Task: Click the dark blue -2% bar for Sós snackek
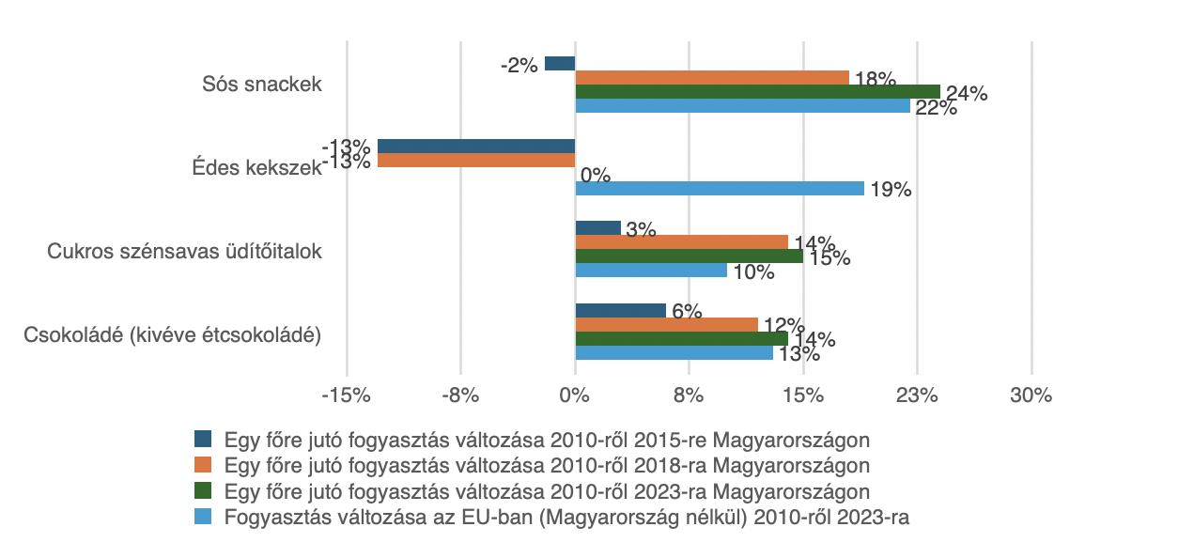click(560, 64)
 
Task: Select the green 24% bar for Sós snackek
click(757, 91)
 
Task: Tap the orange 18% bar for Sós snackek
click(711, 77)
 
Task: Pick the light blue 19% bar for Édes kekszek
click(719, 189)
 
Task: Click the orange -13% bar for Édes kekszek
click(476, 161)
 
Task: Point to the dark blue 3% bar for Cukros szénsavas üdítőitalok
click(597, 228)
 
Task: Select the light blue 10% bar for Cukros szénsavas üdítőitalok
click(650, 270)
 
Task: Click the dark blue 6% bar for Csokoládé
click(620, 311)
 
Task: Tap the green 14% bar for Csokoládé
click(681, 338)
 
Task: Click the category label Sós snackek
click(262, 85)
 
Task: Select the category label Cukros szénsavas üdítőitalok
click(185, 251)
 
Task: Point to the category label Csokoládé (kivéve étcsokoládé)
click(173, 334)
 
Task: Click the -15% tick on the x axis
click(346, 395)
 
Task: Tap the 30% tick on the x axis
click(1031, 395)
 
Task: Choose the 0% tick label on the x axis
click(574, 395)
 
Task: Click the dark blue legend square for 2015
click(203, 439)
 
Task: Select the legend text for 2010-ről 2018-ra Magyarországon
click(547, 465)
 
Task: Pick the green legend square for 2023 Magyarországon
click(203, 490)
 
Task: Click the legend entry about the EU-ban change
click(566, 517)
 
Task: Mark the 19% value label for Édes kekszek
click(891, 190)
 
